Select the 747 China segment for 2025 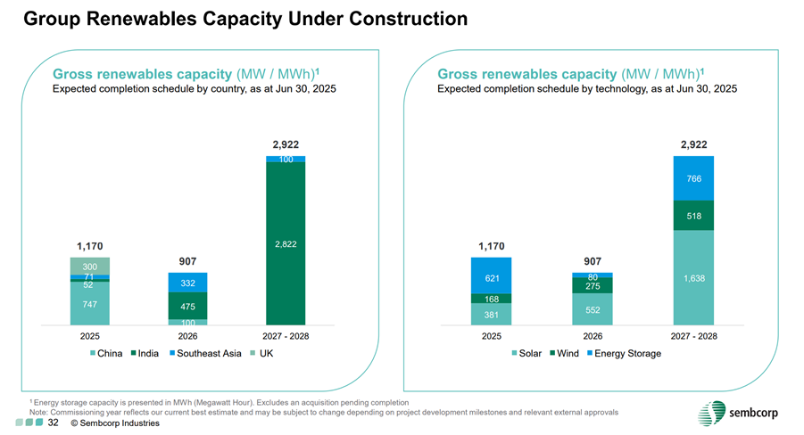(89, 304)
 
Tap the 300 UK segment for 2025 (89, 266)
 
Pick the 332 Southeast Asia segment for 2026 (187, 283)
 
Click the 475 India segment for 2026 (187, 306)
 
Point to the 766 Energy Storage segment (693, 178)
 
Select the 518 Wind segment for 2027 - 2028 (693, 216)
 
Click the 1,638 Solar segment (693, 278)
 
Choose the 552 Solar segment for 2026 (593, 309)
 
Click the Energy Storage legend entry (624, 354)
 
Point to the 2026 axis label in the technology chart (593, 337)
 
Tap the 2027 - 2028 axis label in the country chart (286, 337)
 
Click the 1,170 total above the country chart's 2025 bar (89, 245)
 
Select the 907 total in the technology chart (593, 261)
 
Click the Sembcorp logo (737, 413)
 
